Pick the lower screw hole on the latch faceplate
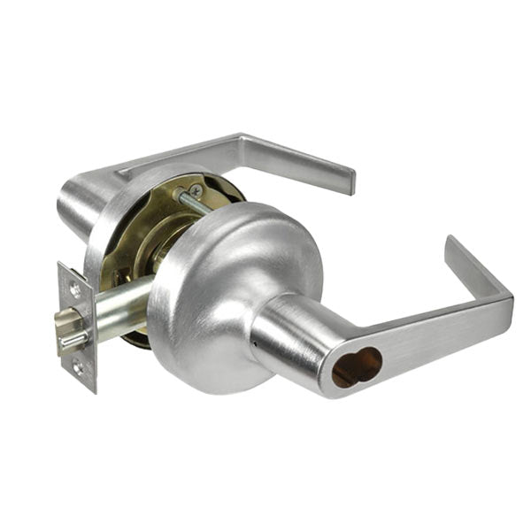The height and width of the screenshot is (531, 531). coord(78,368)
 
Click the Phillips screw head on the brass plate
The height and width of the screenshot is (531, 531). coord(196,190)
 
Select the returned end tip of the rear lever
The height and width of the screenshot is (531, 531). coord(350,181)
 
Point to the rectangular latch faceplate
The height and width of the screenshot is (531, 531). coord(75,327)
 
